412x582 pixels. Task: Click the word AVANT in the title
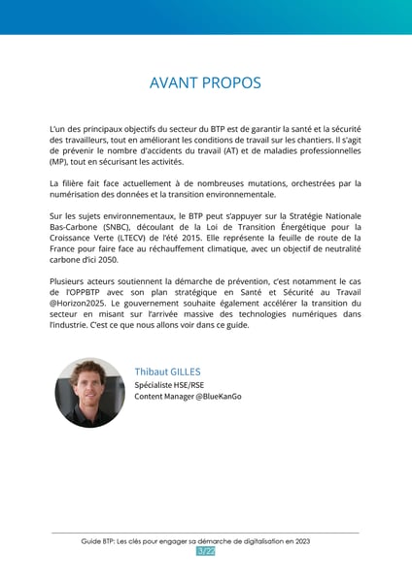point(173,83)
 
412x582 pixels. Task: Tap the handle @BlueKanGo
point(214,397)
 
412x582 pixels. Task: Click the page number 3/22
point(205,552)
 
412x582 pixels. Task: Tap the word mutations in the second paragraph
point(258,183)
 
